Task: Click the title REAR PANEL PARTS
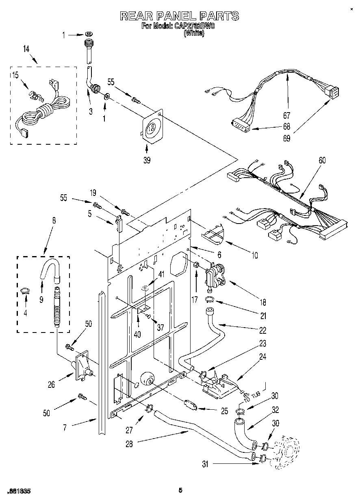[x=179, y=16]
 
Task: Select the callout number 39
[x=147, y=160]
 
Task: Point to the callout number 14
[x=26, y=49]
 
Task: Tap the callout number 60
[x=322, y=161]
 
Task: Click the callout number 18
[x=263, y=302]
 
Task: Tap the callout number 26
[x=51, y=384]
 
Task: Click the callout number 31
[x=205, y=464]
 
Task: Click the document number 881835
[x=19, y=491]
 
